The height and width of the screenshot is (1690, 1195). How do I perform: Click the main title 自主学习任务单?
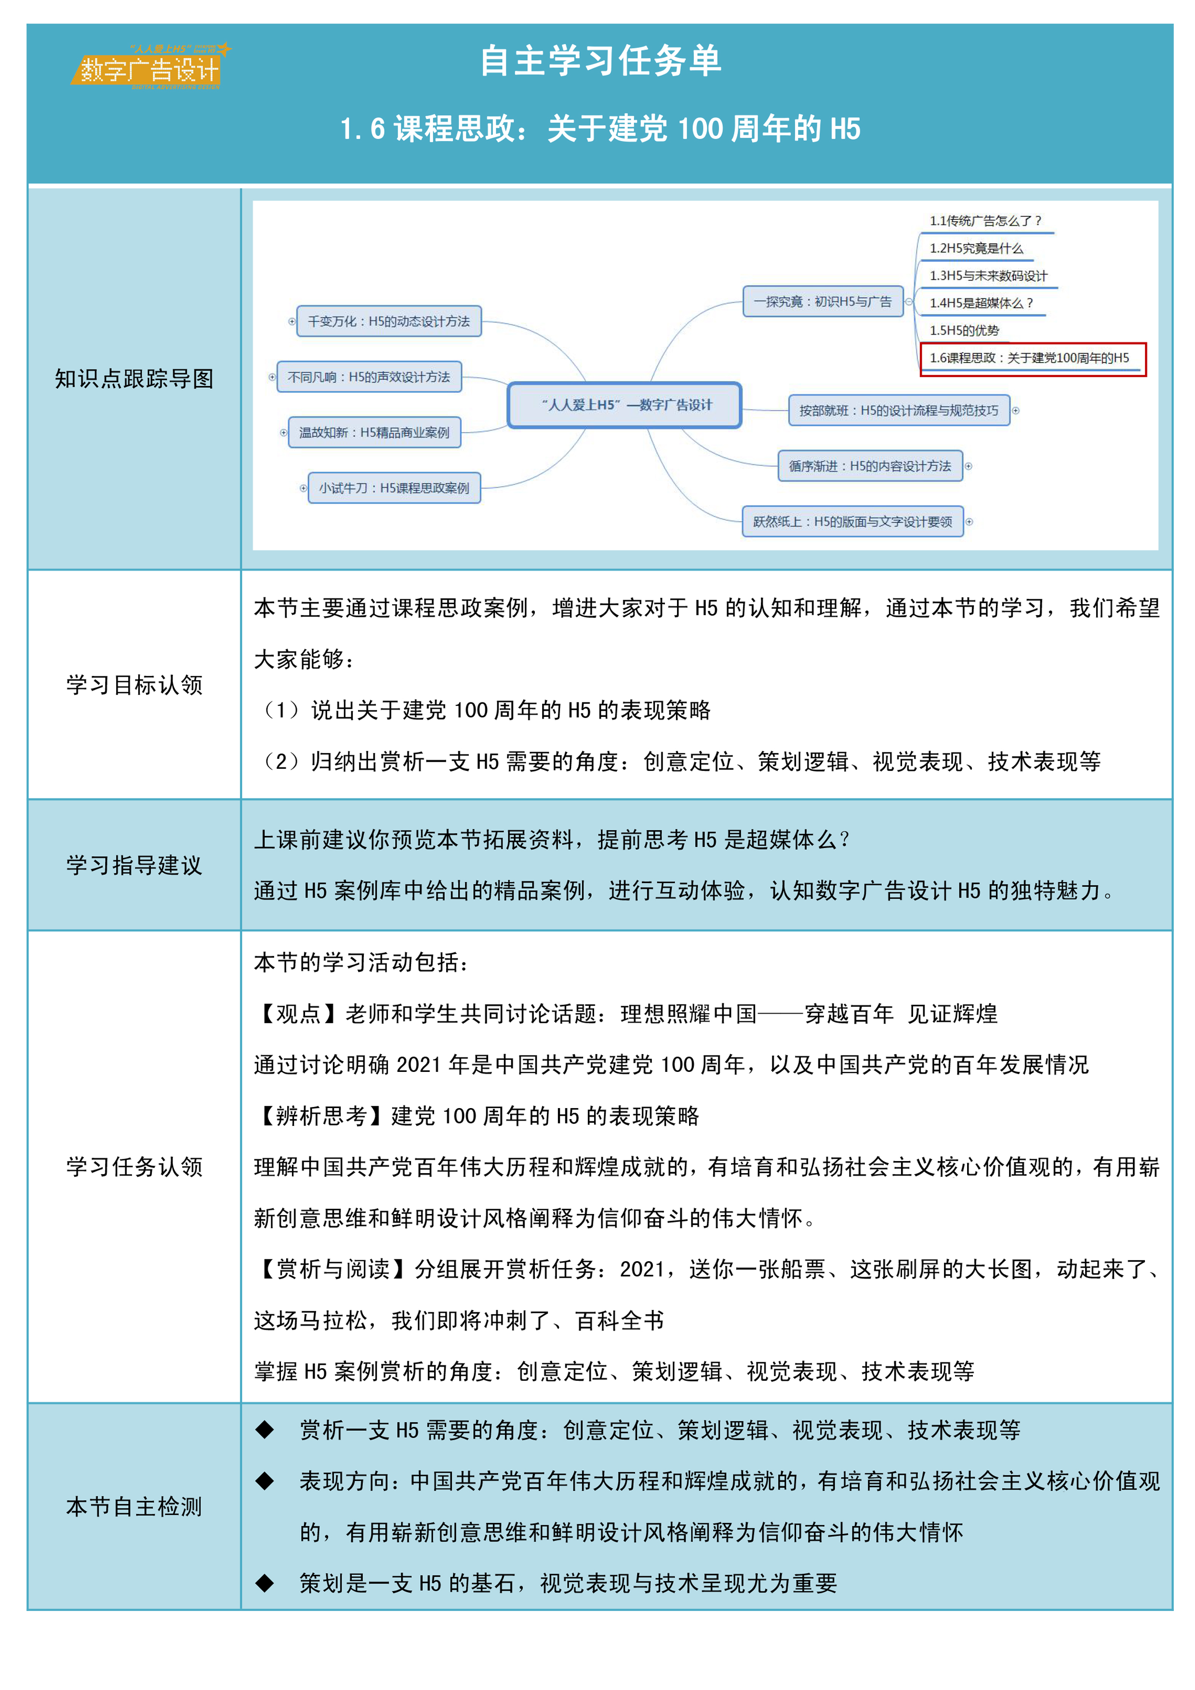pyautogui.click(x=600, y=60)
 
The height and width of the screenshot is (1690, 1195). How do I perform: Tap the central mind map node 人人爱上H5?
pyautogui.click(x=624, y=405)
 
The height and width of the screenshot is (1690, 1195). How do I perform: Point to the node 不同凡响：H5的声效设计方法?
pyautogui.click(x=369, y=377)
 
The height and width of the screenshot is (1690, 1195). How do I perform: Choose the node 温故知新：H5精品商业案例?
pyautogui.click(x=374, y=432)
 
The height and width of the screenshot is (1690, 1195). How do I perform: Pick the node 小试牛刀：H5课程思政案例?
pyautogui.click(x=394, y=488)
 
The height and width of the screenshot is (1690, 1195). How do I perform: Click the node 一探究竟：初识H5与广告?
pyautogui.click(x=823, y=302)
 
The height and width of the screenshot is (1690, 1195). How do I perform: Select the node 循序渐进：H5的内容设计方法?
pyautogui.click(x=870, y=466)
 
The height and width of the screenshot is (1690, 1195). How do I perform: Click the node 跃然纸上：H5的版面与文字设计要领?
pyautogui.click(x=852, y=522)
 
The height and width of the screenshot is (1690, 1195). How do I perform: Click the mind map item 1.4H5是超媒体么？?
pyautogui.click(x=981, y=303)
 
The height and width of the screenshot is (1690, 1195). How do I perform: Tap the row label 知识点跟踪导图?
pyautogui.click(x=134, y=379)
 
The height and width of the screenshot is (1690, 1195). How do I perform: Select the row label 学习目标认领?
pyautogui.click(x=134, y=685)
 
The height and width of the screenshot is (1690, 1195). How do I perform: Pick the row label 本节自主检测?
pyautogui.click(x=134, y=1507)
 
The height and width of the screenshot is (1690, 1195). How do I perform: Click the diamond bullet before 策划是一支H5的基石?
pyautogui.click(x=265, y=1583)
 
